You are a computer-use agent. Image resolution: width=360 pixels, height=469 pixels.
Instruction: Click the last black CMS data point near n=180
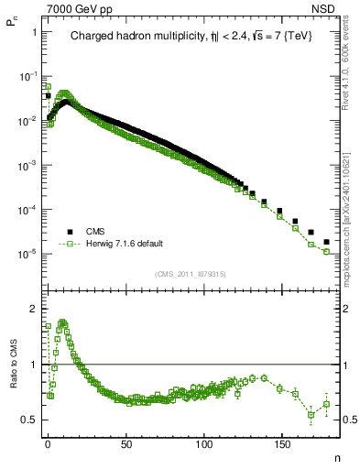[x=327, y=242]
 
